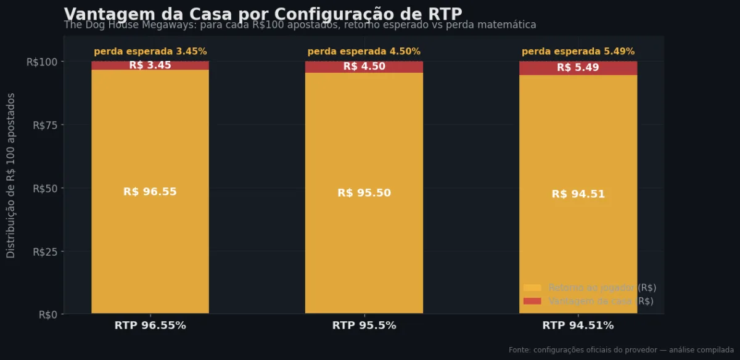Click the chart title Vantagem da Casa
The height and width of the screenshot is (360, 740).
pyautogui.click(x=263, y=14)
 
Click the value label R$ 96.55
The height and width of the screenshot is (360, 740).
pyautogui.click(x=150, y=192)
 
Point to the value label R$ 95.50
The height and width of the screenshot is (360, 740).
pyautogui.click(x=364, y=193)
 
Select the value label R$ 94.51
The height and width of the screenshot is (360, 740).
pyautogui.click(x=578, y=194)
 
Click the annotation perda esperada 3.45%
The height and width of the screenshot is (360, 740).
pyautogui.click(x=150, y=52)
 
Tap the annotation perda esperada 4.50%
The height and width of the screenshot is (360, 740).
pyautogui.click(x=364, y=52)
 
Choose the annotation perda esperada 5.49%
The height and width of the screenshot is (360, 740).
pyautogui.click(x=578, y=52)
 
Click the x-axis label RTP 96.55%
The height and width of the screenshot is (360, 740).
pyautogui.click(x=150, y=325)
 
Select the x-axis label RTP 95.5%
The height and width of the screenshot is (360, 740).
pyautogui.click(x=364, y=325)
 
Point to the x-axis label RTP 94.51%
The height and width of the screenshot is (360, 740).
pyautogui.click(x=578, y=325)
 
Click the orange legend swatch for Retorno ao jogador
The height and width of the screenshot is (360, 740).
pyautogui.click(x=532, y=288)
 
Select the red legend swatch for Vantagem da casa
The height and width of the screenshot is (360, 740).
pyautogui.click(x=532, y=301)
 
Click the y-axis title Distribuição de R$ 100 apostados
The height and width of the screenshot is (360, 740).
pyautogui.click(x=11, y=176)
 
